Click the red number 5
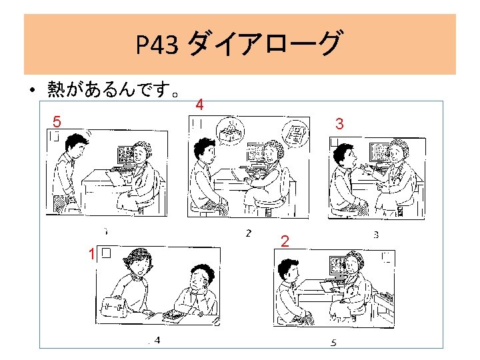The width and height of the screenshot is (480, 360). [x=58, y=122]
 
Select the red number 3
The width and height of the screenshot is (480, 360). [x=340, y=124]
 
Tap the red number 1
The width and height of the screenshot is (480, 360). [x=92, y=253]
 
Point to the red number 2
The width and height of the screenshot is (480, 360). [x=285, y=241]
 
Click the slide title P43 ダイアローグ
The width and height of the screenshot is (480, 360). [x=239, y=45]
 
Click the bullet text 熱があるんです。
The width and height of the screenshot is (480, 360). [x=113, y=89]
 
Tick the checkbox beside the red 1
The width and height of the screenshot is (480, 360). [x=107, y=253]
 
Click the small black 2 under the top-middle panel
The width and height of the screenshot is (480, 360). [x=248, y=233]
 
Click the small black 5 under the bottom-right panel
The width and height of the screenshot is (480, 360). [x=333, y=343]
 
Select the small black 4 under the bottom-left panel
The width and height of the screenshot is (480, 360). [x=157, y=341]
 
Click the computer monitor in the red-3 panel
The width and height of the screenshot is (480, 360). [x=379, y=154]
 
